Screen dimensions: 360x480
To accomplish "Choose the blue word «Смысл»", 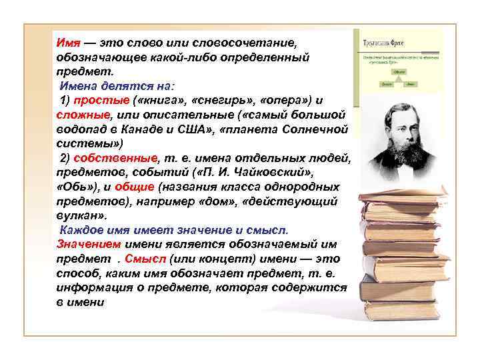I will pos(146,259).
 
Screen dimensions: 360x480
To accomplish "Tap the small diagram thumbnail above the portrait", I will pos(397,67).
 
